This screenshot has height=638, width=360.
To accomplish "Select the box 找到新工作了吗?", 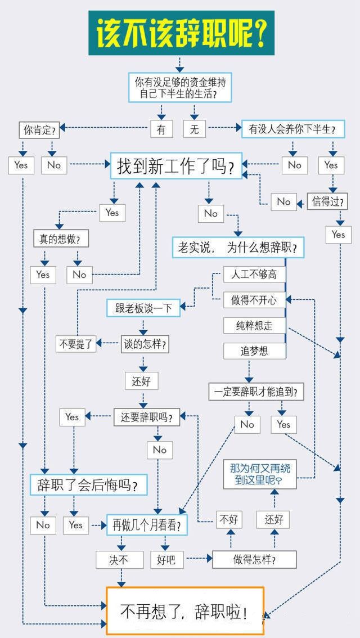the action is click(177, 166).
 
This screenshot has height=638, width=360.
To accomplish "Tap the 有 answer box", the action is click(161, 129).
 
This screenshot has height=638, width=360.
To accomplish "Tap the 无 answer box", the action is click(195, 129).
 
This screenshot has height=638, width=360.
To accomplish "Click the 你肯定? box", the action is click(39, 130).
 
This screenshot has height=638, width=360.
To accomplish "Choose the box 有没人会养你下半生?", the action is click(293, 129).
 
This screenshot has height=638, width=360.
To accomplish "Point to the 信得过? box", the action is click(327, 201).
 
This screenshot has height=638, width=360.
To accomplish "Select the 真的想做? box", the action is click(61, 239).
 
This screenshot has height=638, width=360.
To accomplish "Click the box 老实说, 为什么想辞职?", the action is click(238, 248).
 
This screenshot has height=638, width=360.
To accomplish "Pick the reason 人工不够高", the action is click(254, 274).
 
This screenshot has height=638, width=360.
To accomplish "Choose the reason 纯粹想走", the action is click(254, 326).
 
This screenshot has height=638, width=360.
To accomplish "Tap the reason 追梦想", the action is click(254, 351).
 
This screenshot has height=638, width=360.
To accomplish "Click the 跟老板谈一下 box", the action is click(143, 308).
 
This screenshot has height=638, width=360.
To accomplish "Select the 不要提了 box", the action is click(76, 344).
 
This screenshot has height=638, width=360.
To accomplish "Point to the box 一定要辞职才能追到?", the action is click(256, 392).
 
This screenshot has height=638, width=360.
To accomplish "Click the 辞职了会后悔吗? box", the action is click(88, 484).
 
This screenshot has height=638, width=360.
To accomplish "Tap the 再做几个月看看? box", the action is click(147, 525).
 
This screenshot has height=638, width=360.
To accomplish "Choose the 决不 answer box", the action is click(120, 560).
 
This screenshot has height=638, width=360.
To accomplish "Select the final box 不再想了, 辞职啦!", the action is click(185, 610).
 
